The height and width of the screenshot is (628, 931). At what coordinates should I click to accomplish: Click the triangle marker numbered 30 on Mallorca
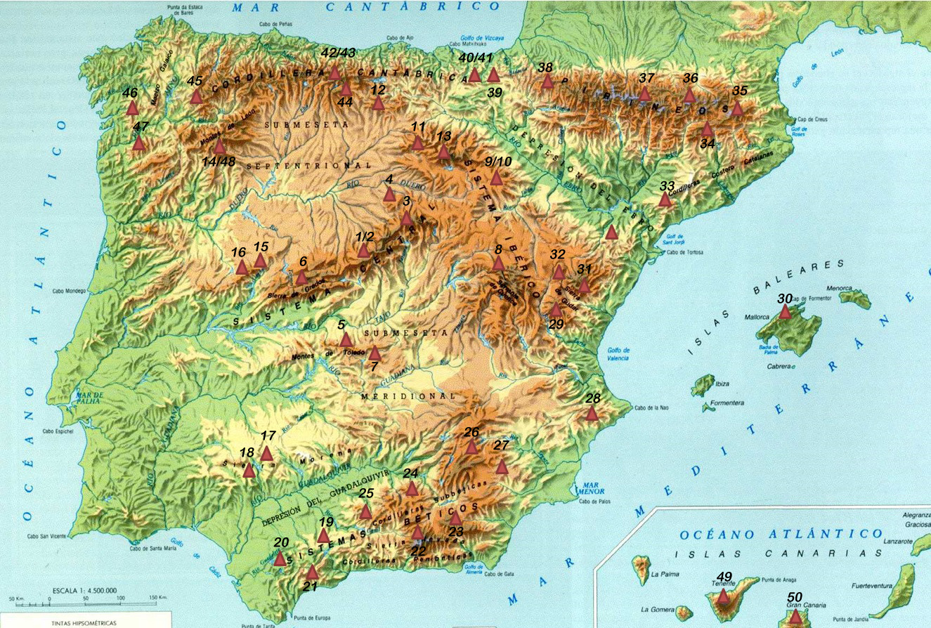pos(785,311)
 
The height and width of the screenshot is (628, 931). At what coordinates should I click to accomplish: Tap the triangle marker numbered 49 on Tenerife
pos(723,596)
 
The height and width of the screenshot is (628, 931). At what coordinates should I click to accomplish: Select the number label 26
pos(471,431)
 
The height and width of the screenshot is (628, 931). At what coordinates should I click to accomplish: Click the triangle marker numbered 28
pos(592,414)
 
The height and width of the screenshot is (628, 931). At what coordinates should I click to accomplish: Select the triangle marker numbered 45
pos(196,97)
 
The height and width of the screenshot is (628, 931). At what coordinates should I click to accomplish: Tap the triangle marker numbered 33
pos(665,199)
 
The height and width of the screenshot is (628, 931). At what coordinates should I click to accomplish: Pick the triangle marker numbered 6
pos(302,277)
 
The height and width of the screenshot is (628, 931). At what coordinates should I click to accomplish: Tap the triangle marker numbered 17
pos(266,454)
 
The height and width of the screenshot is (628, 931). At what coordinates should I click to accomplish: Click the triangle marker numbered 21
pos(313,573)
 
